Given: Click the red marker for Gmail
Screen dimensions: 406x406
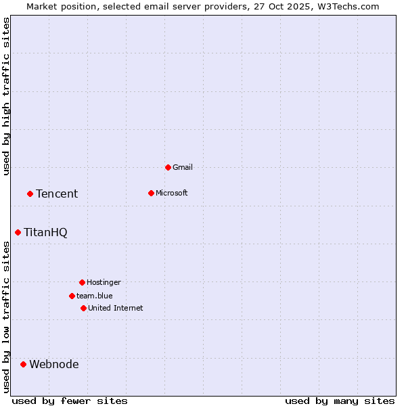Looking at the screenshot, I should click(x=168, y=167).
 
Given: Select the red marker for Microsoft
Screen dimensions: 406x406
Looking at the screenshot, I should click(x=151, y=193).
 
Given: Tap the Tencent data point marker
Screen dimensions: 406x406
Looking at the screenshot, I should click(x=30, y=194).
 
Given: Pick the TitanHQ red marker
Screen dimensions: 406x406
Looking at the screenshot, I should click(x=18, y=232).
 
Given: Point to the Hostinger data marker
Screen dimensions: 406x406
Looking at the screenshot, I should click(x=82, y=282).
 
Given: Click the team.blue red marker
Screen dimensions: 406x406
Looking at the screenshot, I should click(x=72, y=296).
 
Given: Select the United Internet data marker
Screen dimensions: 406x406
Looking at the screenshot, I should click(x=83, y=308).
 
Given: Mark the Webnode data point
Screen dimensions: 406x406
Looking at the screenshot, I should click(x=23, y=364).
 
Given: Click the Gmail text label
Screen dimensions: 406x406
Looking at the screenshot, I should click(x=183, y=167).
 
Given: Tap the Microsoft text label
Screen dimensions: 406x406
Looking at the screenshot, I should click(x=172, y=193).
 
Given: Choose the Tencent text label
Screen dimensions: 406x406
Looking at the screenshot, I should click(x=57, y=194).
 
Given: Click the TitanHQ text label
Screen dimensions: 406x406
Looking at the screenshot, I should click(x=45, y=232).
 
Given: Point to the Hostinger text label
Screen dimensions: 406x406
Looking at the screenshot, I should click(x=104, y=282).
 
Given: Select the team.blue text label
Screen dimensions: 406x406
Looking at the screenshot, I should click(x=95, y=296).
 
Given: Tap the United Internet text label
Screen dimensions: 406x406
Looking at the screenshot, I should click(x=116, y=308).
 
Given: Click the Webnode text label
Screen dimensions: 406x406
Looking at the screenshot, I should click(x=54, y=364).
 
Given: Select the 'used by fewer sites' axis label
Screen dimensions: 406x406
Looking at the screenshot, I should click(x=70, y=401).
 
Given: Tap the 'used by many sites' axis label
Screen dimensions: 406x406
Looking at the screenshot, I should click(x=340, y=401).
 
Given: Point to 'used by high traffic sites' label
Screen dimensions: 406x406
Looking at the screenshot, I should click(x=7, y=96).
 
